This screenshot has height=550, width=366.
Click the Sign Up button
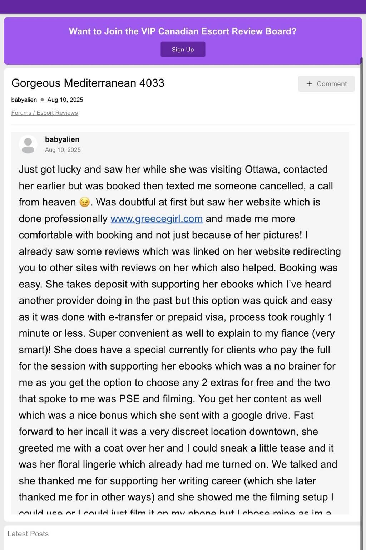coord(183,49)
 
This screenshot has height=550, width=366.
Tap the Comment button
coord(326,84)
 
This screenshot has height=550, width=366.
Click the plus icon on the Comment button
coord(309,84)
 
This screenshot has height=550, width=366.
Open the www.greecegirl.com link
coord(157,219)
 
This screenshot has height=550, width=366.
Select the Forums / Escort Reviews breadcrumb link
coord(44,113)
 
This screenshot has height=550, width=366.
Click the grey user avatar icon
coord(28,144)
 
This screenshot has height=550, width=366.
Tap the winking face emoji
coord(84,202)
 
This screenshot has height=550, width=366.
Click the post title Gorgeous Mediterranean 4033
coord(88,83)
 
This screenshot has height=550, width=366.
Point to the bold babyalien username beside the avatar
coord(62,139)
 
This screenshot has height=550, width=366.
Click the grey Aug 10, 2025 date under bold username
coord(63,150)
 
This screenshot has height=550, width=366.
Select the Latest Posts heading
coord(28,534)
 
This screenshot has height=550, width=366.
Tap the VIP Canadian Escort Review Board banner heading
coord(183,31)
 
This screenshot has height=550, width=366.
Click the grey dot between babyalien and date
coord(42,100)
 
